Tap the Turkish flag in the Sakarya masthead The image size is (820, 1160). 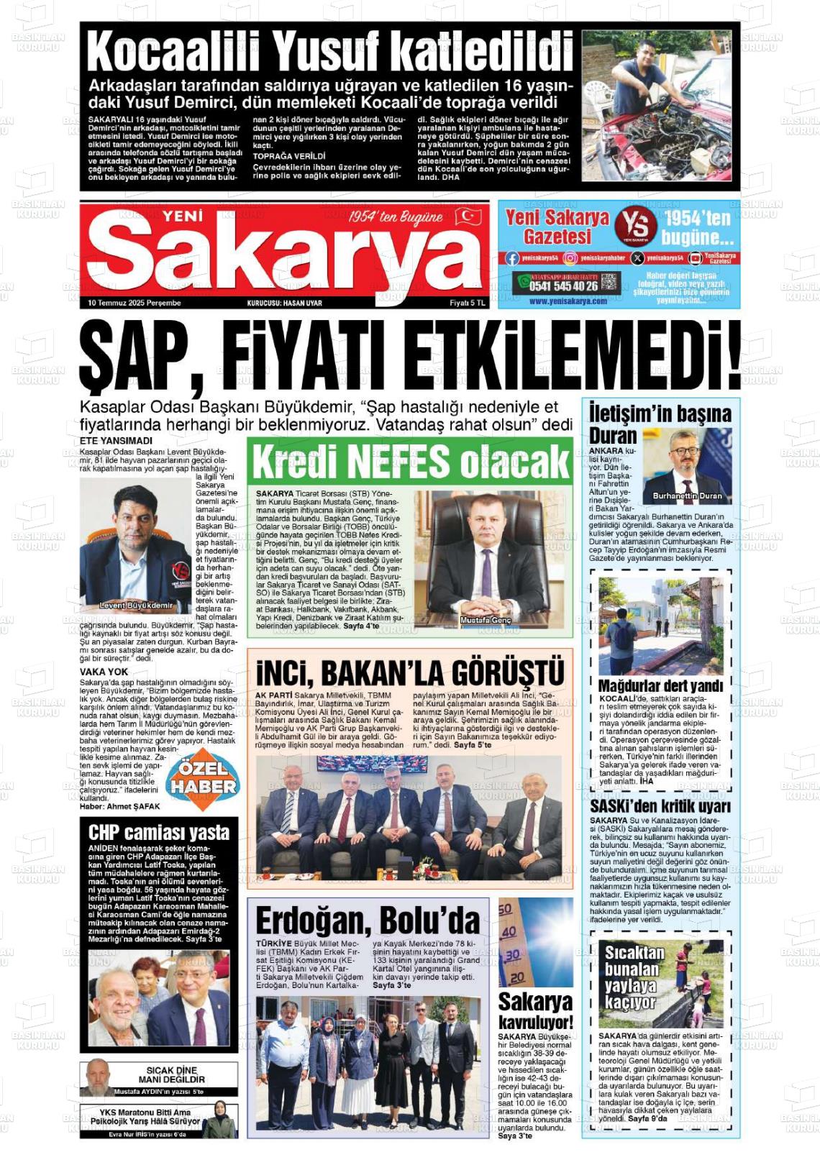tap(468, 216)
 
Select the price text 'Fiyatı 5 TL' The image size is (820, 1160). tap(468, 303)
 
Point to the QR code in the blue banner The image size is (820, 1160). tap(609, 282)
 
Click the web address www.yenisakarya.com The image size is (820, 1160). tap(568, 301)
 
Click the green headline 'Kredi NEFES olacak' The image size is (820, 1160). tap(410, 461)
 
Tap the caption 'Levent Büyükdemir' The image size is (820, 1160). tap(136, 605)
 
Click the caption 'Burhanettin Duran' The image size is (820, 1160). tap(687, 496)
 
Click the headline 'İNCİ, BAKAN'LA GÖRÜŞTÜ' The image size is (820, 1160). tap(410, 673)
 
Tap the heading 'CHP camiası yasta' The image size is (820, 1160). tap(159, 833)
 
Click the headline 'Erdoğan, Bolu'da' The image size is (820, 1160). tap(368, 921)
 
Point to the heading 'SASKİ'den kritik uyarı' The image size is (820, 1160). tap(660, 806)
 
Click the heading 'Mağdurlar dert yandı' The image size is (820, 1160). tap(660, 685)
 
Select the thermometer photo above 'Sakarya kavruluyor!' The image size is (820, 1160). tap(535, 942)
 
